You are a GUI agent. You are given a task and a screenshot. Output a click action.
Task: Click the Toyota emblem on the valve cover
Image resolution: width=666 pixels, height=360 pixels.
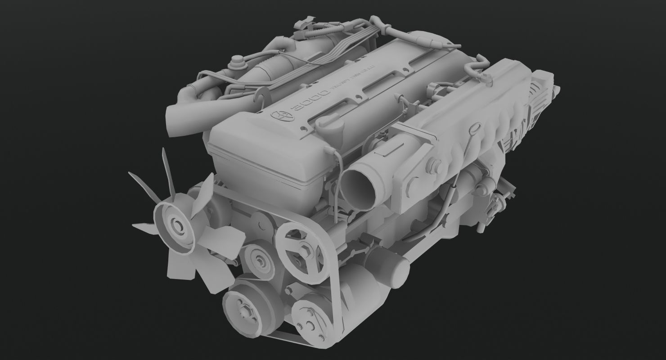(281, 116)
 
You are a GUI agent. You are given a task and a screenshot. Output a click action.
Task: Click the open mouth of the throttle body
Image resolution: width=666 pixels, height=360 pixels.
(358, 185)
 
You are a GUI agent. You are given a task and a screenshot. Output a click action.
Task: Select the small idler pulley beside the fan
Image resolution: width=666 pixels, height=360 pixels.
(260, 260)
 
